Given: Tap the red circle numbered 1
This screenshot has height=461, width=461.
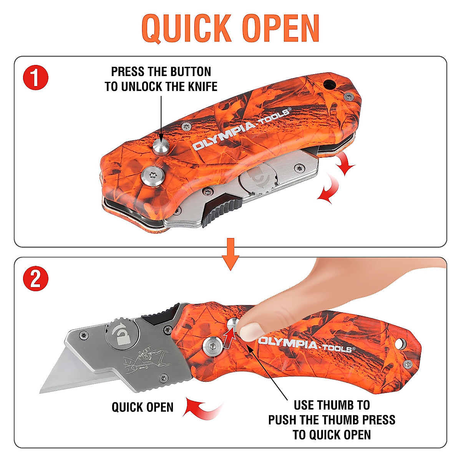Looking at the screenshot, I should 35,78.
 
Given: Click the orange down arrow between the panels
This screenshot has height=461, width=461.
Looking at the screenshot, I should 230,254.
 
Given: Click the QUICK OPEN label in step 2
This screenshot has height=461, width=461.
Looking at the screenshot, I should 143,407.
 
